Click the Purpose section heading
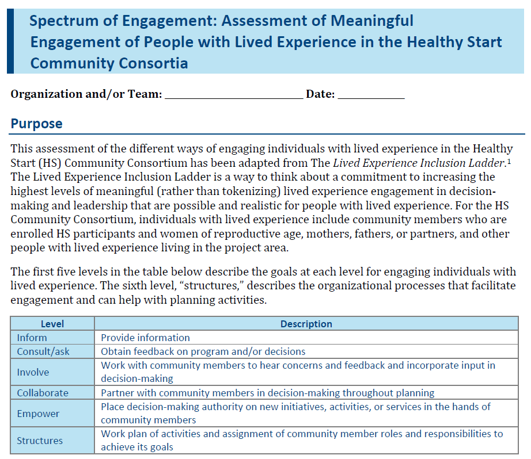coord(37,124)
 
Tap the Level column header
coord(52,324)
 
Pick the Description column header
coord(306,324)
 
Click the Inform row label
coord(32,338)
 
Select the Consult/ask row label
coord(43,351)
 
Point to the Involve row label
coord(33,372)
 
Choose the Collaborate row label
coord(43,393)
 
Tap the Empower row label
coord(38,414)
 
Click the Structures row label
coord(40,441)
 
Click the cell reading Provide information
coord(145,338)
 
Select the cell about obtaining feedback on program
coord(203,351)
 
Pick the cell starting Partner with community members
coord(267,393)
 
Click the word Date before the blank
coord(320,94)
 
